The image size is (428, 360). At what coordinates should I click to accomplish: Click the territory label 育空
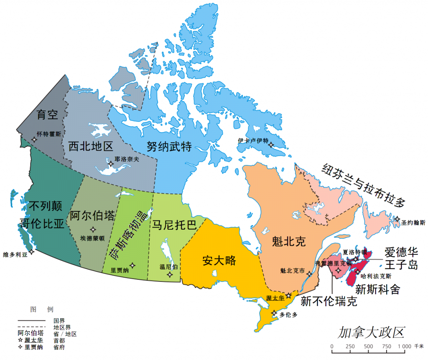[x=47, y=114]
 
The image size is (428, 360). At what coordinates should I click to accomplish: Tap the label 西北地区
[x=91, y=147]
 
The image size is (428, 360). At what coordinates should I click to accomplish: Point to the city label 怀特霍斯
[x=49, y=134]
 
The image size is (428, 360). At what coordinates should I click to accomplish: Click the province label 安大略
[x=219, y=261]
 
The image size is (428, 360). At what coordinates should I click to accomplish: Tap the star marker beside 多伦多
[x=274, y=313]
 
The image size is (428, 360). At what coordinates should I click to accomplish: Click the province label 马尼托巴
[x=174, y=225]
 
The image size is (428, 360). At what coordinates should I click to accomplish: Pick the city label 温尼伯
[x=168, y=266]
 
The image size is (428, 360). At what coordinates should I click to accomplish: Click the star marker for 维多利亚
[x=31, y=251]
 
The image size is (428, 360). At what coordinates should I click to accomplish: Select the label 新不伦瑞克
[x=329, y=301]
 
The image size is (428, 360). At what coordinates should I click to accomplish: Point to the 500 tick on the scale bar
[x=368, y=346]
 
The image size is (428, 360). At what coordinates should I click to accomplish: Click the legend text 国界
[x=59, y=321]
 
